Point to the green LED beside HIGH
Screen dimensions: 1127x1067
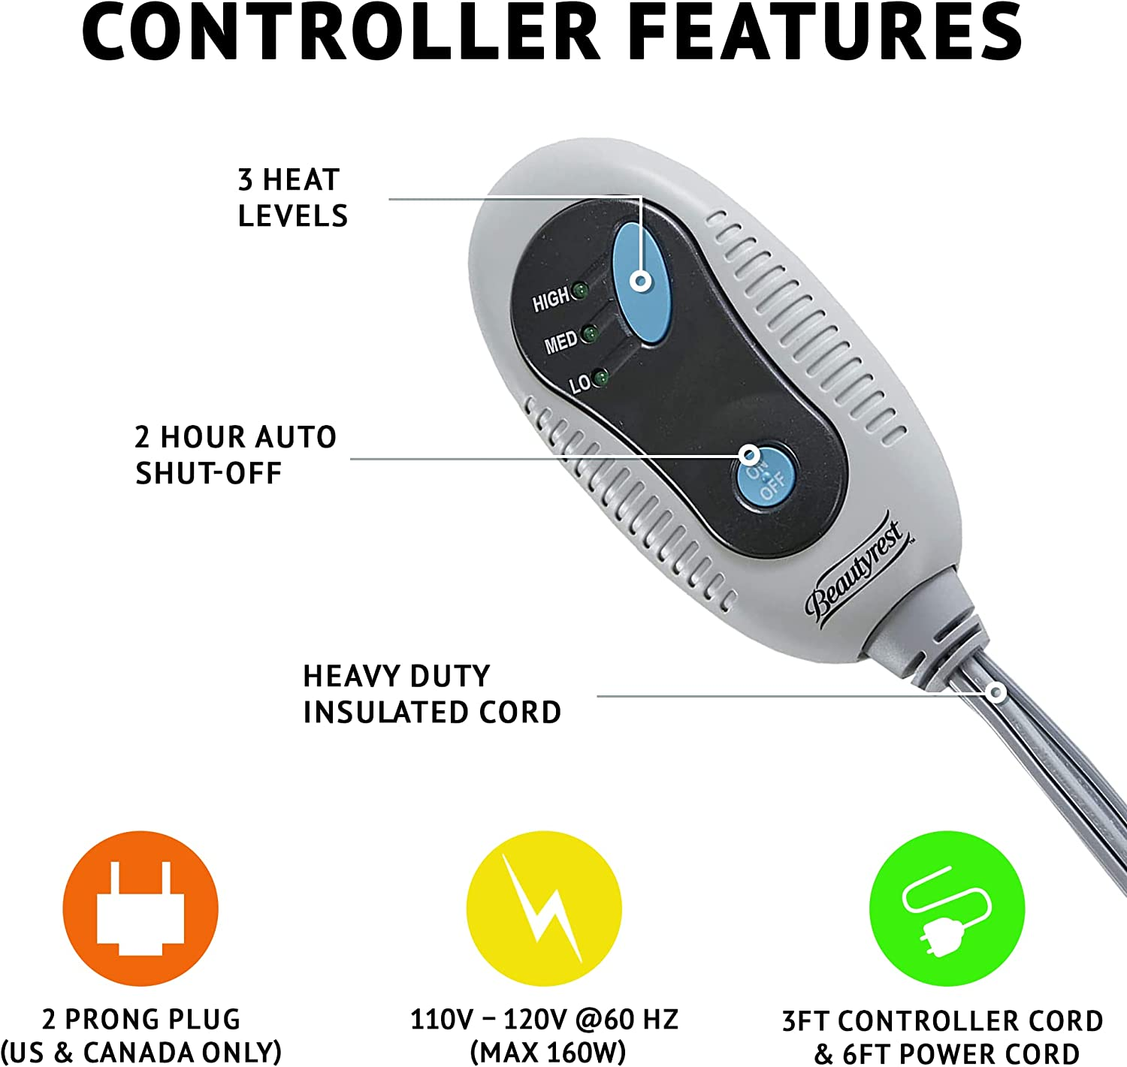(579, 291)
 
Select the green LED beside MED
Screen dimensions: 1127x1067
(590, 333)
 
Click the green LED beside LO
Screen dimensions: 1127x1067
(600, 378)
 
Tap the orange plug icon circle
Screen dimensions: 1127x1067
(140, 908)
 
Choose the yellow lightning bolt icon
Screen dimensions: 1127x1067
(544, 908)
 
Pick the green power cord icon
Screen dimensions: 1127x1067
(947, 908)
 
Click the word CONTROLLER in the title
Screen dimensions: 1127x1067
(342, 34)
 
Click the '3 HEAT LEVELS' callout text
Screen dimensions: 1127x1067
(292, 198)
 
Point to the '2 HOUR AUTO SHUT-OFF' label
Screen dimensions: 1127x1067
(235, 455)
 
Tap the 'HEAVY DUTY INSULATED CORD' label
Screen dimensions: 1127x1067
(432, 695)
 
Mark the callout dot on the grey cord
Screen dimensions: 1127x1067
(997, 692)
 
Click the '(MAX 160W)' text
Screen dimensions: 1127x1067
(548, 1052)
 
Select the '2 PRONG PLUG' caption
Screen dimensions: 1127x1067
(141, 1020)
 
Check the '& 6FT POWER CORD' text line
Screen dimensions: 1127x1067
(947, 1053)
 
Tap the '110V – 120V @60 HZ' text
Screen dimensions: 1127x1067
(544, 1020)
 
